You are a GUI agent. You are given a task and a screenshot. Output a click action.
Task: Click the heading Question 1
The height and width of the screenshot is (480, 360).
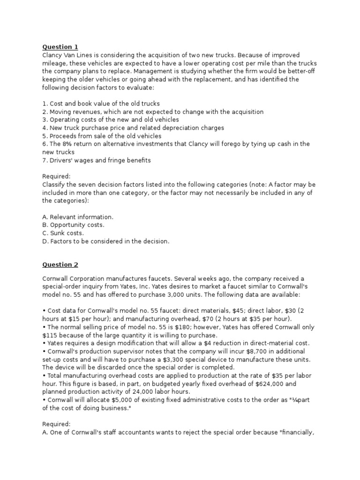point(60,47)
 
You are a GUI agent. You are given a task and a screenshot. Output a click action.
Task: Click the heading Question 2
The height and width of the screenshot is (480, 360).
point(60,265)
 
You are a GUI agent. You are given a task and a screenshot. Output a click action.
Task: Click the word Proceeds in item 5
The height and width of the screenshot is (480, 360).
point(64,136)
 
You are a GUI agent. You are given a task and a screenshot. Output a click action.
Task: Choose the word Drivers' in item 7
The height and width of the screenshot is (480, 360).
point(63,160)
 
